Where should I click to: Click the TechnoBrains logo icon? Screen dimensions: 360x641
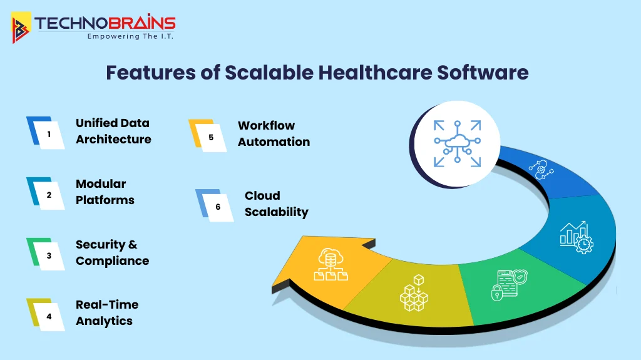[x=21, y=28]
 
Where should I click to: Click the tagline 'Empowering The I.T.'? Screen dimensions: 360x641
[x=130, y=37]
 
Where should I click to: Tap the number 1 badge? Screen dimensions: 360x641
[x=48, y=133]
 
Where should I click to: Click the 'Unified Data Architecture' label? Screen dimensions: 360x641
[x=113, y=131]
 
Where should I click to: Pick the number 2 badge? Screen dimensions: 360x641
[x=48, y=194]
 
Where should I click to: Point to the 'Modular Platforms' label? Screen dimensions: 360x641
[x=105, y=192]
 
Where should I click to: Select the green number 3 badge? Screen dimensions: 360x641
[x=48, y=255]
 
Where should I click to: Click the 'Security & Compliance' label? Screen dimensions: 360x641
[x=112, y=252]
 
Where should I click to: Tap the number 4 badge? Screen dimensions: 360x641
[x=48, y=316]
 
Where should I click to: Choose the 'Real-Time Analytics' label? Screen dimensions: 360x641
[x=107, y=312]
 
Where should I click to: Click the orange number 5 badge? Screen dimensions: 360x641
[x=210, y=136]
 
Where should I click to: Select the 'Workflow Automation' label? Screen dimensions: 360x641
[x=274, y=133]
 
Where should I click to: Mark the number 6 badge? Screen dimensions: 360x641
[x=217, y=206]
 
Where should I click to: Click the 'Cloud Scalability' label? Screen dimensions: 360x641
[x=276, y=203]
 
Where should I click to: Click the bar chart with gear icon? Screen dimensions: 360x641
[x=575, y=237]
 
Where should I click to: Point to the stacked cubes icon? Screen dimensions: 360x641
[x=414, y=292]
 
